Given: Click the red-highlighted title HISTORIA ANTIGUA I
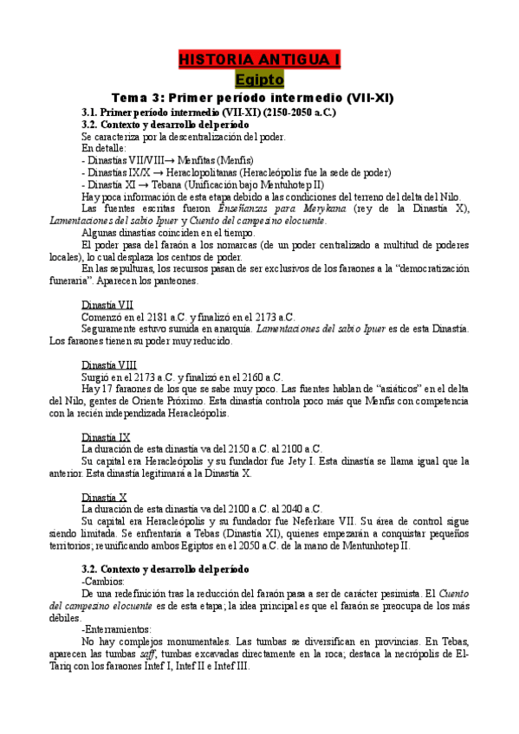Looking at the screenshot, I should (x=259, y=60).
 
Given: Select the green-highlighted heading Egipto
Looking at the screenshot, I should (x=259, y=79).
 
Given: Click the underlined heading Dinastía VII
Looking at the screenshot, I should (x=107, y=305).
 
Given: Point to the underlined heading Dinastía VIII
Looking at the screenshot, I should (x=108, y=364).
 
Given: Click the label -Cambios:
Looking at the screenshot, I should (x=103, y=581).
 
